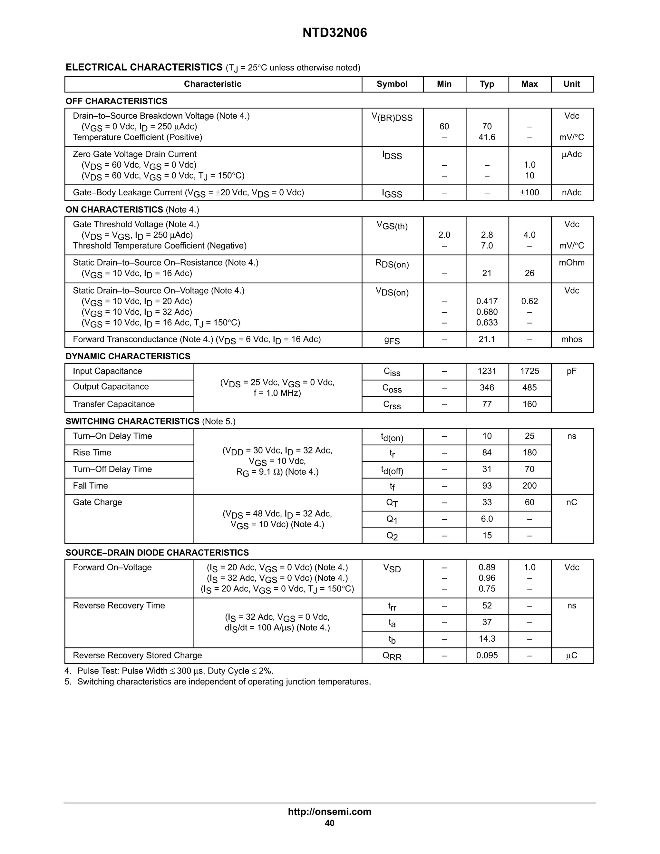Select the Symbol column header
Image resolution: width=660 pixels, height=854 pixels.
[x=392, y=84]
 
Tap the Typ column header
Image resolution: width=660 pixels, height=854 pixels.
[x=487, y=84]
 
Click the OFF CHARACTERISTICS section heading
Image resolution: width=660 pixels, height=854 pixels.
[x=117, y=101]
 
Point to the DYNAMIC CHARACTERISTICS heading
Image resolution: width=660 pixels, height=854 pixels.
[x=128, y=356]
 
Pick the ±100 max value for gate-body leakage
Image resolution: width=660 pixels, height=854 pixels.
[x=529, y=192]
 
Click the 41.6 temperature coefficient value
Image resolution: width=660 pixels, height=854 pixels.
[x=487, y=137]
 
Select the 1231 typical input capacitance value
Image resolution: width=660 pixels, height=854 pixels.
[x=487, y=371]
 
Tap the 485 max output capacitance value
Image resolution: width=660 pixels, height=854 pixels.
[x=529, y=387]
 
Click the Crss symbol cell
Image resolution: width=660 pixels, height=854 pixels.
[x=392, y=405]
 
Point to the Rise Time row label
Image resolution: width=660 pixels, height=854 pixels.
[x=92, y=453]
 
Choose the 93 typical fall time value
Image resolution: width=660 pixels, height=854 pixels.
[x=487, y=486]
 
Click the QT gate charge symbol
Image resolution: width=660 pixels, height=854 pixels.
[x=392, y=503]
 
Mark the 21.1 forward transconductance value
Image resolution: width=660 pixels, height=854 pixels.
[x=487, y=339]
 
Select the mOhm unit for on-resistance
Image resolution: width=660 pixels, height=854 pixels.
[x=572, y=263]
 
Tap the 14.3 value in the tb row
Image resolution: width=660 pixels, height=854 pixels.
[x=487, y=639]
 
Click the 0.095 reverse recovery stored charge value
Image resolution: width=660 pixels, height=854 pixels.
[x=487, y=655]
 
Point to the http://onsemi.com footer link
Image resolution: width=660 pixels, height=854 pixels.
[x=330, y=812]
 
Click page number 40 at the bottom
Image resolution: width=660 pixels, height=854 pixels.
[x=330, y=823]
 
